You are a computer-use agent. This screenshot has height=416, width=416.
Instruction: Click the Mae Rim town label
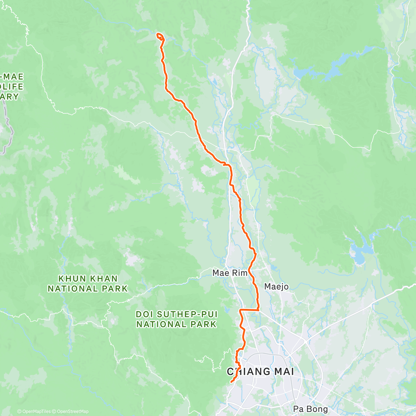click(230, 273)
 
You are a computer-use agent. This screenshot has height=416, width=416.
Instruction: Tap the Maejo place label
click(276, 286)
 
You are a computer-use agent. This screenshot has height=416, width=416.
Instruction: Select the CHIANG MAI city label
click(260, 372)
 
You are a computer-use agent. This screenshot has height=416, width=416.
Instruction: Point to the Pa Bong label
click(310, 409)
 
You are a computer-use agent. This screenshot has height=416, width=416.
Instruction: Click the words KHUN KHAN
click(88, 279)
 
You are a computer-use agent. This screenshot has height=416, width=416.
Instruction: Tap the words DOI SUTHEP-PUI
click(176, 314)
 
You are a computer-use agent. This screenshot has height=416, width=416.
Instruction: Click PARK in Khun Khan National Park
click(115, 288)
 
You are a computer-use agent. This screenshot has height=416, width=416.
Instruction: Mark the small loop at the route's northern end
click(160, 36)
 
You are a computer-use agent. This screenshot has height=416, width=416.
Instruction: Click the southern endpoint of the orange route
click(231, 382)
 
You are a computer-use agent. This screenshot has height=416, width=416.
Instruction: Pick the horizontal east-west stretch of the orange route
click(250, 310)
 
